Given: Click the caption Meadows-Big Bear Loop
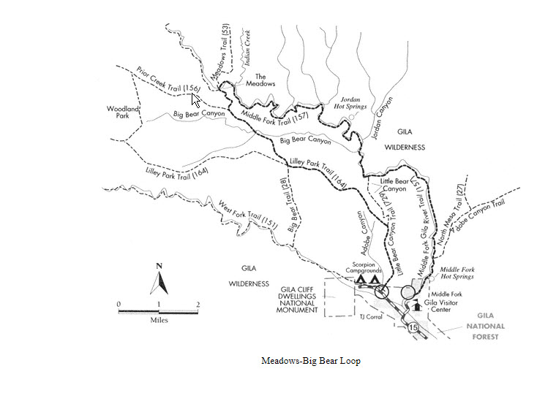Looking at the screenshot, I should [x=311, y=361].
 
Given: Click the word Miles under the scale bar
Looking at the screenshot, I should [x=159, y=320].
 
